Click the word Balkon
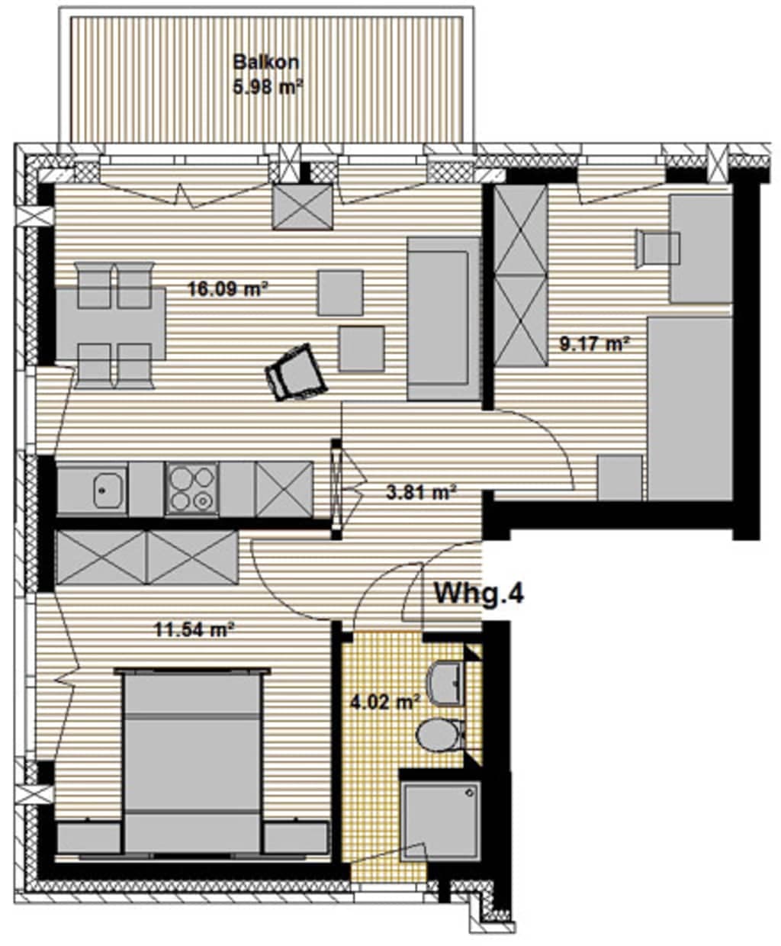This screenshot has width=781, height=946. (x=266, y=62)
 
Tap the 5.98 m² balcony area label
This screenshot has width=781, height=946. (x=268, y=86)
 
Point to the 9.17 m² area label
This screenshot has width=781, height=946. (x=594, y=344)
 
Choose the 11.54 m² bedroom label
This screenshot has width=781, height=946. (x=194, y=629)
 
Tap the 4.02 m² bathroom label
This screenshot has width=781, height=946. (x=385, y=703)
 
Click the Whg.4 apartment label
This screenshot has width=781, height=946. (x=479, y=593)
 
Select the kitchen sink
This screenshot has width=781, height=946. (x=109, y=489)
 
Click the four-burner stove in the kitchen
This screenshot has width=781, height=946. (x=192, y=488)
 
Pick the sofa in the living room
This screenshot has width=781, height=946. (x=444, y=318)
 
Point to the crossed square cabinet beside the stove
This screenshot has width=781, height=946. (x=284, y=489)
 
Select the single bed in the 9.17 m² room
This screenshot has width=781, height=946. (x=690, y=409)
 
